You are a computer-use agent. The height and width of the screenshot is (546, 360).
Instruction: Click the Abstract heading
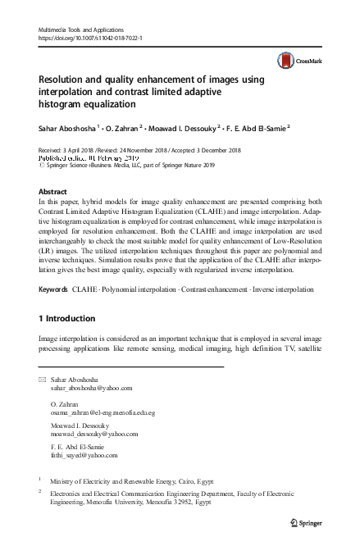point(54,190)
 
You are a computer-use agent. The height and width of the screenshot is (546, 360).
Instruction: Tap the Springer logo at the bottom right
point(310,521)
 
